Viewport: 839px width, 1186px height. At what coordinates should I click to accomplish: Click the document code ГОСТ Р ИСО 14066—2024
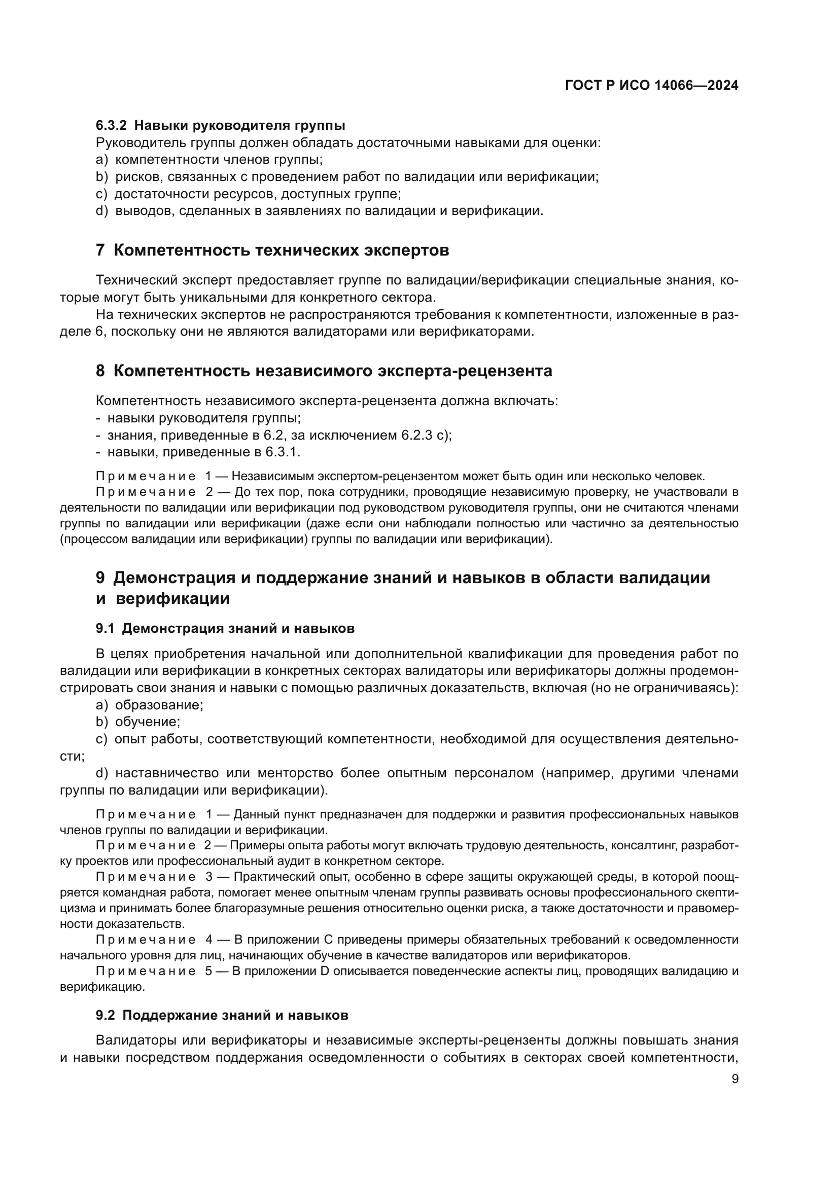point(651,86)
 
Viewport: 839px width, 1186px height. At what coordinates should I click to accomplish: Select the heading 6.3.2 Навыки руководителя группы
point(220,126)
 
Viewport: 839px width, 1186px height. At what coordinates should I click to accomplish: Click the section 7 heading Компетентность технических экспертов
point(272,250)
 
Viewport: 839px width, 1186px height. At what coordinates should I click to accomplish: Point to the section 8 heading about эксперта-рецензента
point(324,371)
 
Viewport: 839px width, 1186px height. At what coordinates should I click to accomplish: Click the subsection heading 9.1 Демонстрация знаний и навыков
point(225,628)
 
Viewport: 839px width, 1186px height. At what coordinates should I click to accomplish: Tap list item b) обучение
point(138,722)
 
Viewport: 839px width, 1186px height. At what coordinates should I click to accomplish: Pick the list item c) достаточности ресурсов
point(248,194)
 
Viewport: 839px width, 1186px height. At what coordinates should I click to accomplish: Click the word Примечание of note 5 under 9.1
point(146,971)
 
